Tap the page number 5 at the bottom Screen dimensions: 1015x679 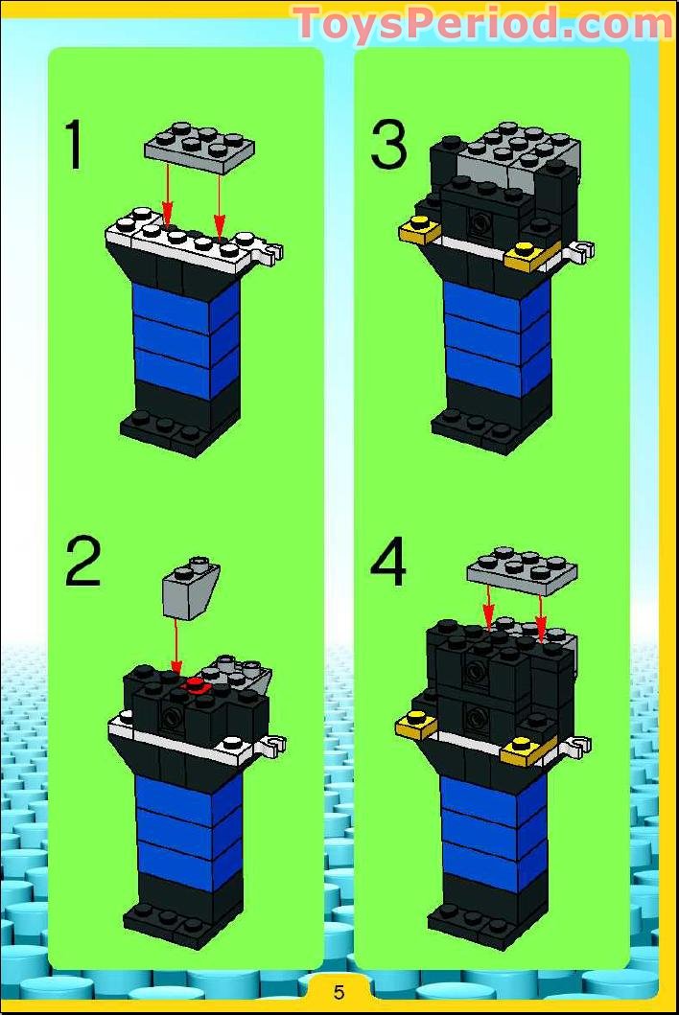pyautogui.click(x=339, y=992)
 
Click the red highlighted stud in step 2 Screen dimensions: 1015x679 pyautogui.click(x=197, y=683)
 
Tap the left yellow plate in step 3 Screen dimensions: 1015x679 pyautogui.click(x=419, y=230)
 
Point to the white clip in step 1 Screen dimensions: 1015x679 pyautogui.click(x=274, y=253)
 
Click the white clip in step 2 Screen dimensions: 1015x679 pyautogui.click(x=274, y=744)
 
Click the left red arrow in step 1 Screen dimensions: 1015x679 pyautogui.click(x=167, y=196)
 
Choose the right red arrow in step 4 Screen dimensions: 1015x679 pyautogui.click(x=541, y=619)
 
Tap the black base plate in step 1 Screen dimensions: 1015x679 pyautogui.click(x=169, y=432)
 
